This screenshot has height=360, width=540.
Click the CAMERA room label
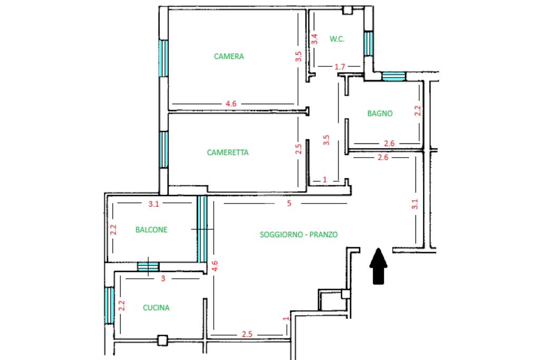click(x=229, y=56)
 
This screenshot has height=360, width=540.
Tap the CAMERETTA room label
click(x=228, y=152)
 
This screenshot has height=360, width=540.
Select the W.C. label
click(x=337, y=39)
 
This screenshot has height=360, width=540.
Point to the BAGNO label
click(x=380, y=113)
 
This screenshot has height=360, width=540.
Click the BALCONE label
click(x=151, y=230)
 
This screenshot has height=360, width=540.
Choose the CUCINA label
click(x=156, y=307)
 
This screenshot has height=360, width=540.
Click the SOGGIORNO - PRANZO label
click(x=298, y=235)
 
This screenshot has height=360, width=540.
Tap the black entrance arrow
click(x=378, y=266)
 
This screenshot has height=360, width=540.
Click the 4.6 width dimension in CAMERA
click(x=231, y=104)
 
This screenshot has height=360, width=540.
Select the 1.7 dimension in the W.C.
click(x=340, y=66)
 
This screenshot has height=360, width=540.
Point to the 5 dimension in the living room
click(x=290, y=203)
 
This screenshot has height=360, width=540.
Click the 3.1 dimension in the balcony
click(x=153, y=204)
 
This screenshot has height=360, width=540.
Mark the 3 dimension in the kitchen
click(x=163, y=278)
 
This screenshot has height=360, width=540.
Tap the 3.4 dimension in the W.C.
click(x=314, y=39)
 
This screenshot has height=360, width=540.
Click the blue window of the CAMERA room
click(x=163, y=58)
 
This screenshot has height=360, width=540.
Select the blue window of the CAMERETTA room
click(x=164, y=149)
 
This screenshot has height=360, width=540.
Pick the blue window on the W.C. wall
click(x=369, y=43)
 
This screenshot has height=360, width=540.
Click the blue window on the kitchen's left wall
click(x=109, y=305)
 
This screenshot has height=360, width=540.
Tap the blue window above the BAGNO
click(x=393, y=76)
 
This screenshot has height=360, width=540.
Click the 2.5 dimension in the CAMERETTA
click(x=298, y=149)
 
